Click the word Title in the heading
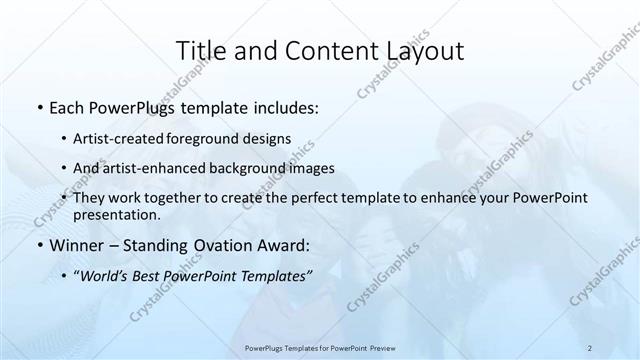[x=198, y=51]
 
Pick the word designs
[x=267, y=139]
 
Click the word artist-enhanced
[x=167, y=169]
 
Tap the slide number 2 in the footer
[x=590, y=347]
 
